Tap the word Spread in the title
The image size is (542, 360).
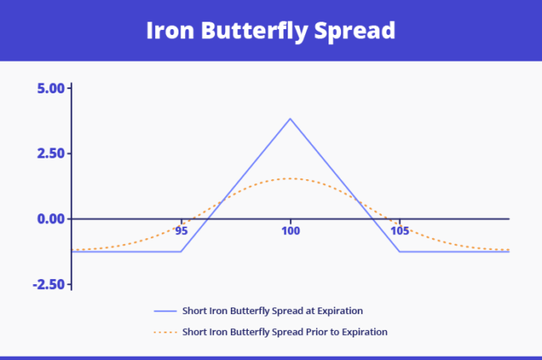click(359, 30)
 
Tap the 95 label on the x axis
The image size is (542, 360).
click(182, 230)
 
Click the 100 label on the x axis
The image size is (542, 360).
click(290, 230)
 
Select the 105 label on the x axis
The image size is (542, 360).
click(399, 230)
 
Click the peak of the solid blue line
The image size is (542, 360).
click(290, 118)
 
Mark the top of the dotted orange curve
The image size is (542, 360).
click(290, 178)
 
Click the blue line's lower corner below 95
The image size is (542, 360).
click(182, 251)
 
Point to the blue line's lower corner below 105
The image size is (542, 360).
click(399, 251)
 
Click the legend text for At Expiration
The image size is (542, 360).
click(273, 310)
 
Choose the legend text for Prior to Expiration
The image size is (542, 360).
click(285, 332)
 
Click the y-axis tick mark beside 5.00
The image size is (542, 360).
click(71, 88)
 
